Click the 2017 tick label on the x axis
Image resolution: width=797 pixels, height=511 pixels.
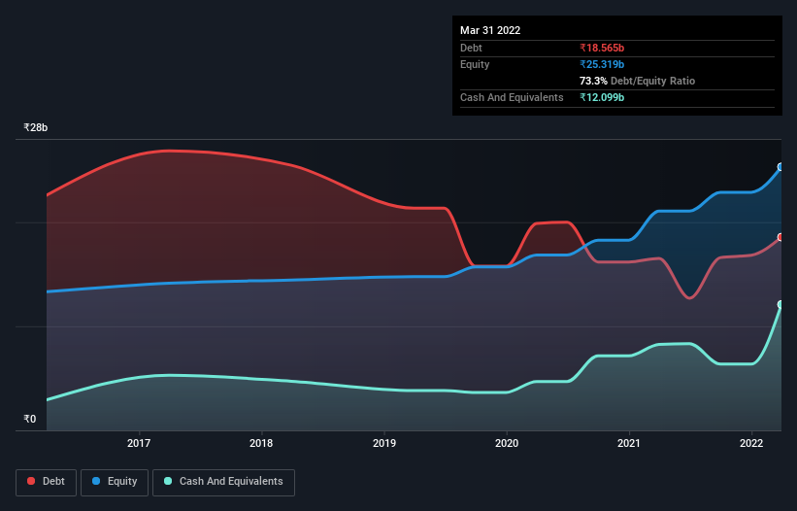[x=140, y=444]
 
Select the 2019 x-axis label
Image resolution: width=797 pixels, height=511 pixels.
[x=384, y=444]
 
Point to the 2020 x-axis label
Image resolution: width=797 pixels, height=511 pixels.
[x=507, y=444]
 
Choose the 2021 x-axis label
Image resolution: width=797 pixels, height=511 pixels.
[x=629, y=444]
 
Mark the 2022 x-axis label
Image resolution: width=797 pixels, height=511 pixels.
[x=751, y=444]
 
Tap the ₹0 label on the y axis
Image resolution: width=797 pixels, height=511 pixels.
[x=29, y=420]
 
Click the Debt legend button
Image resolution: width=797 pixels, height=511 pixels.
[x=46, y=481]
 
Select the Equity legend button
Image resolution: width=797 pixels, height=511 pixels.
[x=115, y=481]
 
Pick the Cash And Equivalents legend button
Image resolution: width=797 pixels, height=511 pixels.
[x=223, y=481]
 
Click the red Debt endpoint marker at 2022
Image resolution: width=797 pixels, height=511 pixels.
[x=780, y=237]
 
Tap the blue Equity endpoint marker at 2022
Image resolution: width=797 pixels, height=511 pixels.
[x=780, y=167]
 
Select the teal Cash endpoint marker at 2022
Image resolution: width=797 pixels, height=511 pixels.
[x=780, y=305]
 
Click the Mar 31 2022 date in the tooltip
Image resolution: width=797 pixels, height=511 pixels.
[x=490, y=30]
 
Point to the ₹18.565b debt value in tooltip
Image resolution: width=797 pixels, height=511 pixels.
[x=602, y=48]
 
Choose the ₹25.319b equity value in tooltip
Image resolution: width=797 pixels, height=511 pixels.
[x=602, y=64]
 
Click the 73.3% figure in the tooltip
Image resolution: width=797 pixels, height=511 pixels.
[x=595, y=81]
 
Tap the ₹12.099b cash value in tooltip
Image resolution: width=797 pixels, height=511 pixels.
[x=602, y=97]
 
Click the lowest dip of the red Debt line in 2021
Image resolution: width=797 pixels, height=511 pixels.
[x=689, y=298]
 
